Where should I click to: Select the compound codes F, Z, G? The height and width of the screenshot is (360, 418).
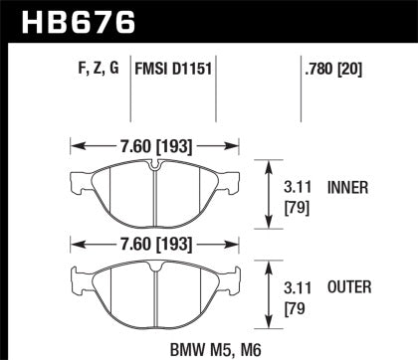(x=97, y=71)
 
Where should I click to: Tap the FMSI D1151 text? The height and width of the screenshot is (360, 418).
(x=175, y=71)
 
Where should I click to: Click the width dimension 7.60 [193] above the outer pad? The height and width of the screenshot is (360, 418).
(x=154, y=244)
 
